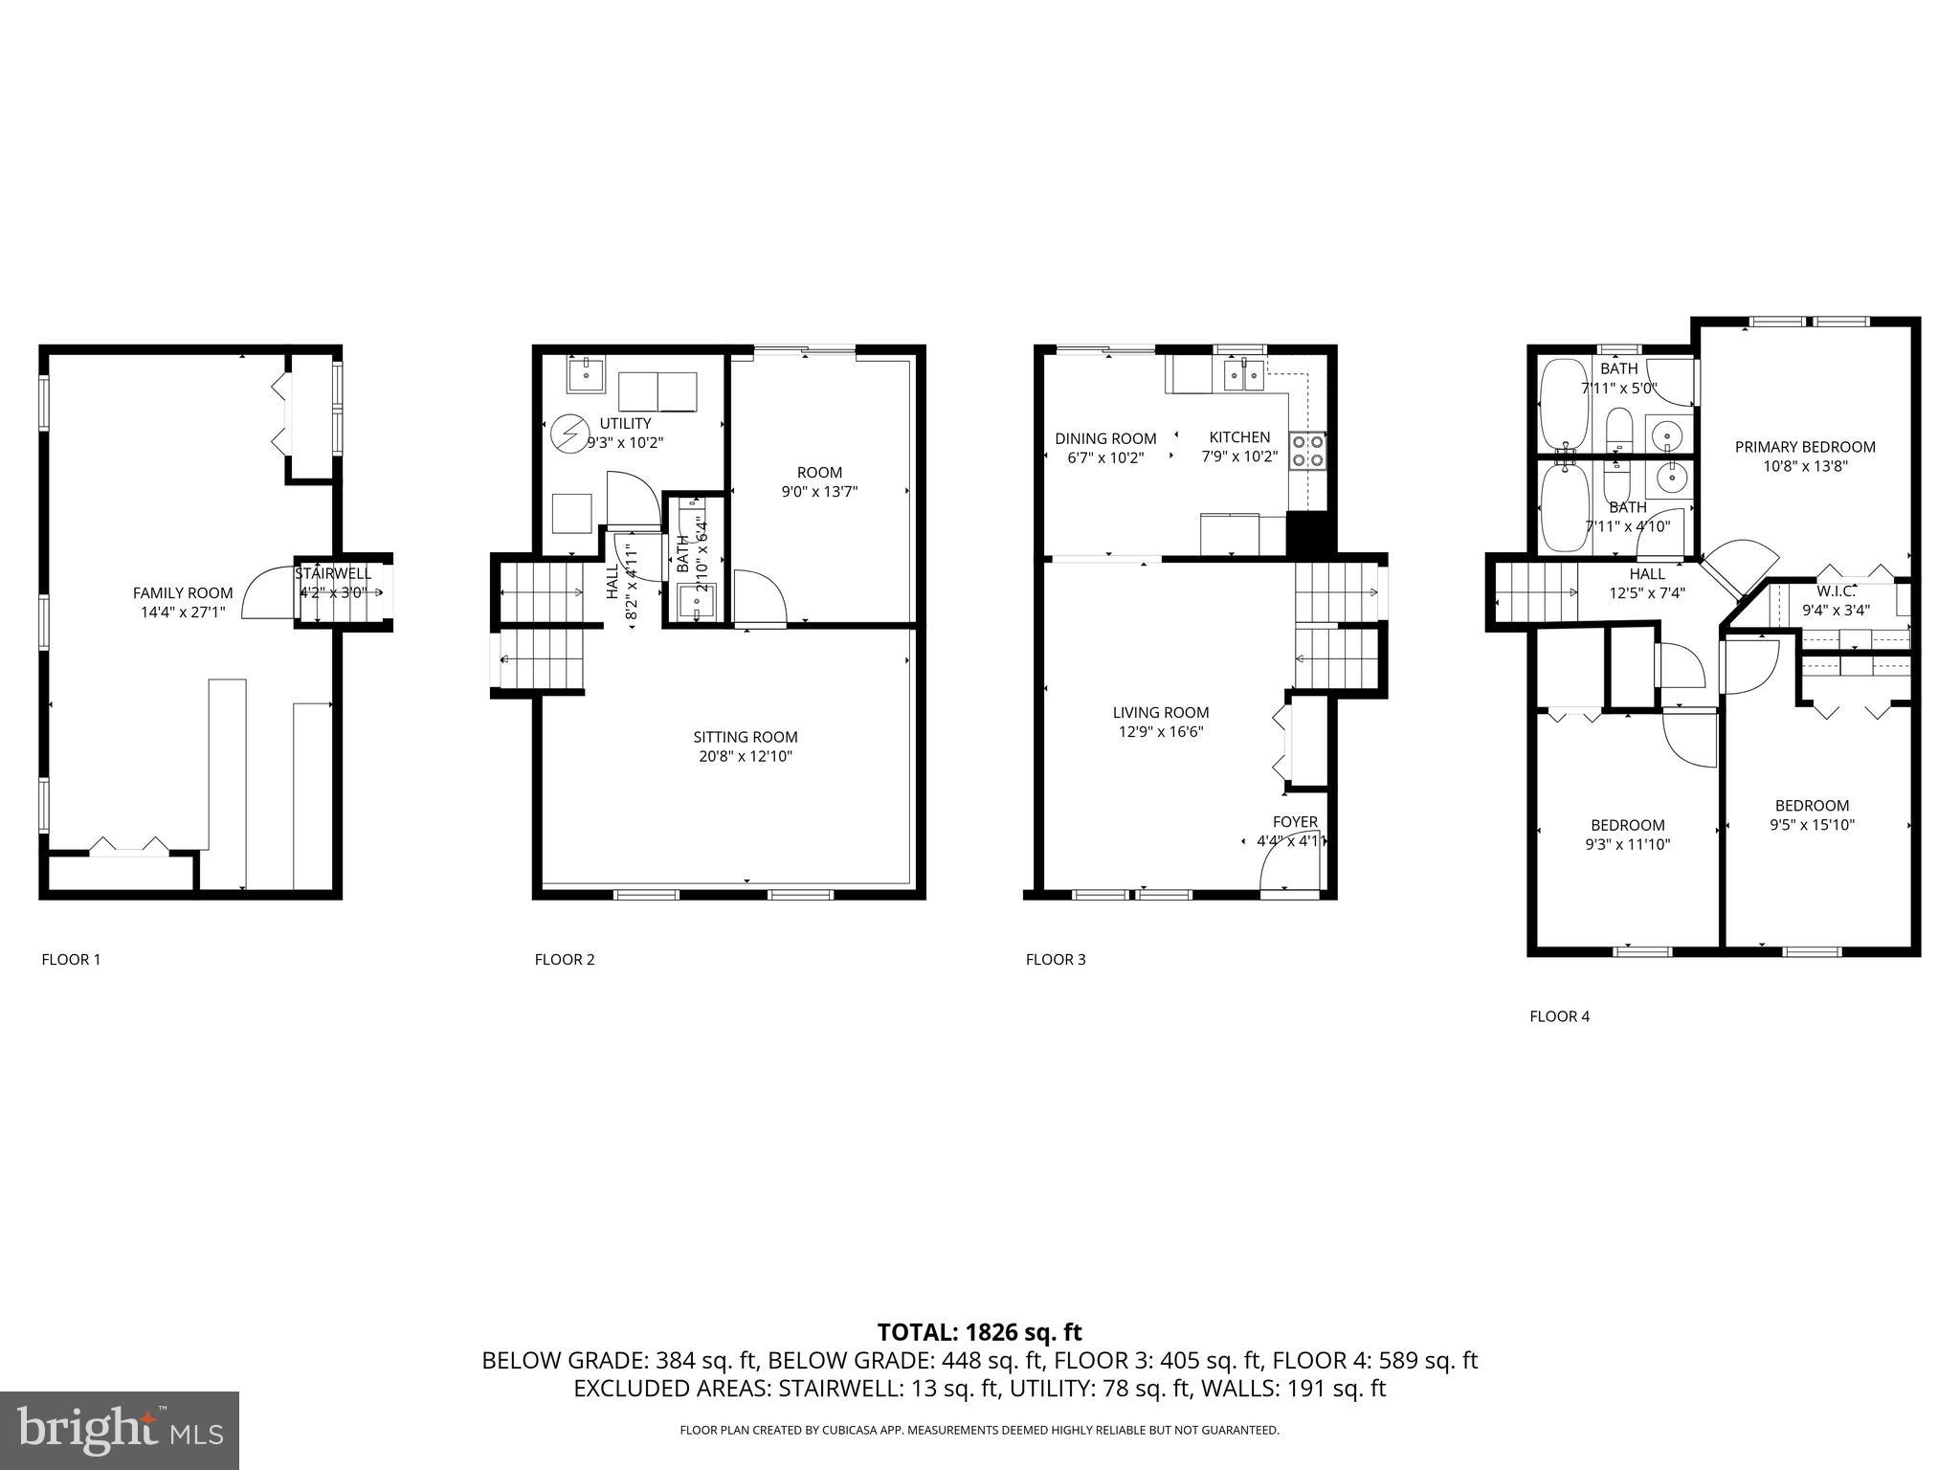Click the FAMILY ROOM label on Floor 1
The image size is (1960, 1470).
[183, 593]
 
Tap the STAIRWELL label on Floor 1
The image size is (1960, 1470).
[333, 574]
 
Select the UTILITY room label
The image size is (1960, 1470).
[625, 423]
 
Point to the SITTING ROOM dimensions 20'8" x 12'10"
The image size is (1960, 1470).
[746, 756]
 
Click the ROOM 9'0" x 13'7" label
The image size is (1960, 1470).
[819, 481]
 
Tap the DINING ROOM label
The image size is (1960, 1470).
[1105, 438]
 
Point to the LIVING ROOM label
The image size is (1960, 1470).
[1160, 713]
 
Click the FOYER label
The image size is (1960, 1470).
[1295, 822]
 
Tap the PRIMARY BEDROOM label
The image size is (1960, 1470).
[1805, 447]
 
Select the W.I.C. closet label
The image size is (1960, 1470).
[1836, 591]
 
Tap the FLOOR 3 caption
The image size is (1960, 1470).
[1055, 959]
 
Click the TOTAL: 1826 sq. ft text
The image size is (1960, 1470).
[979, 1332]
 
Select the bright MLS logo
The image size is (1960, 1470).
[120, 1431]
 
